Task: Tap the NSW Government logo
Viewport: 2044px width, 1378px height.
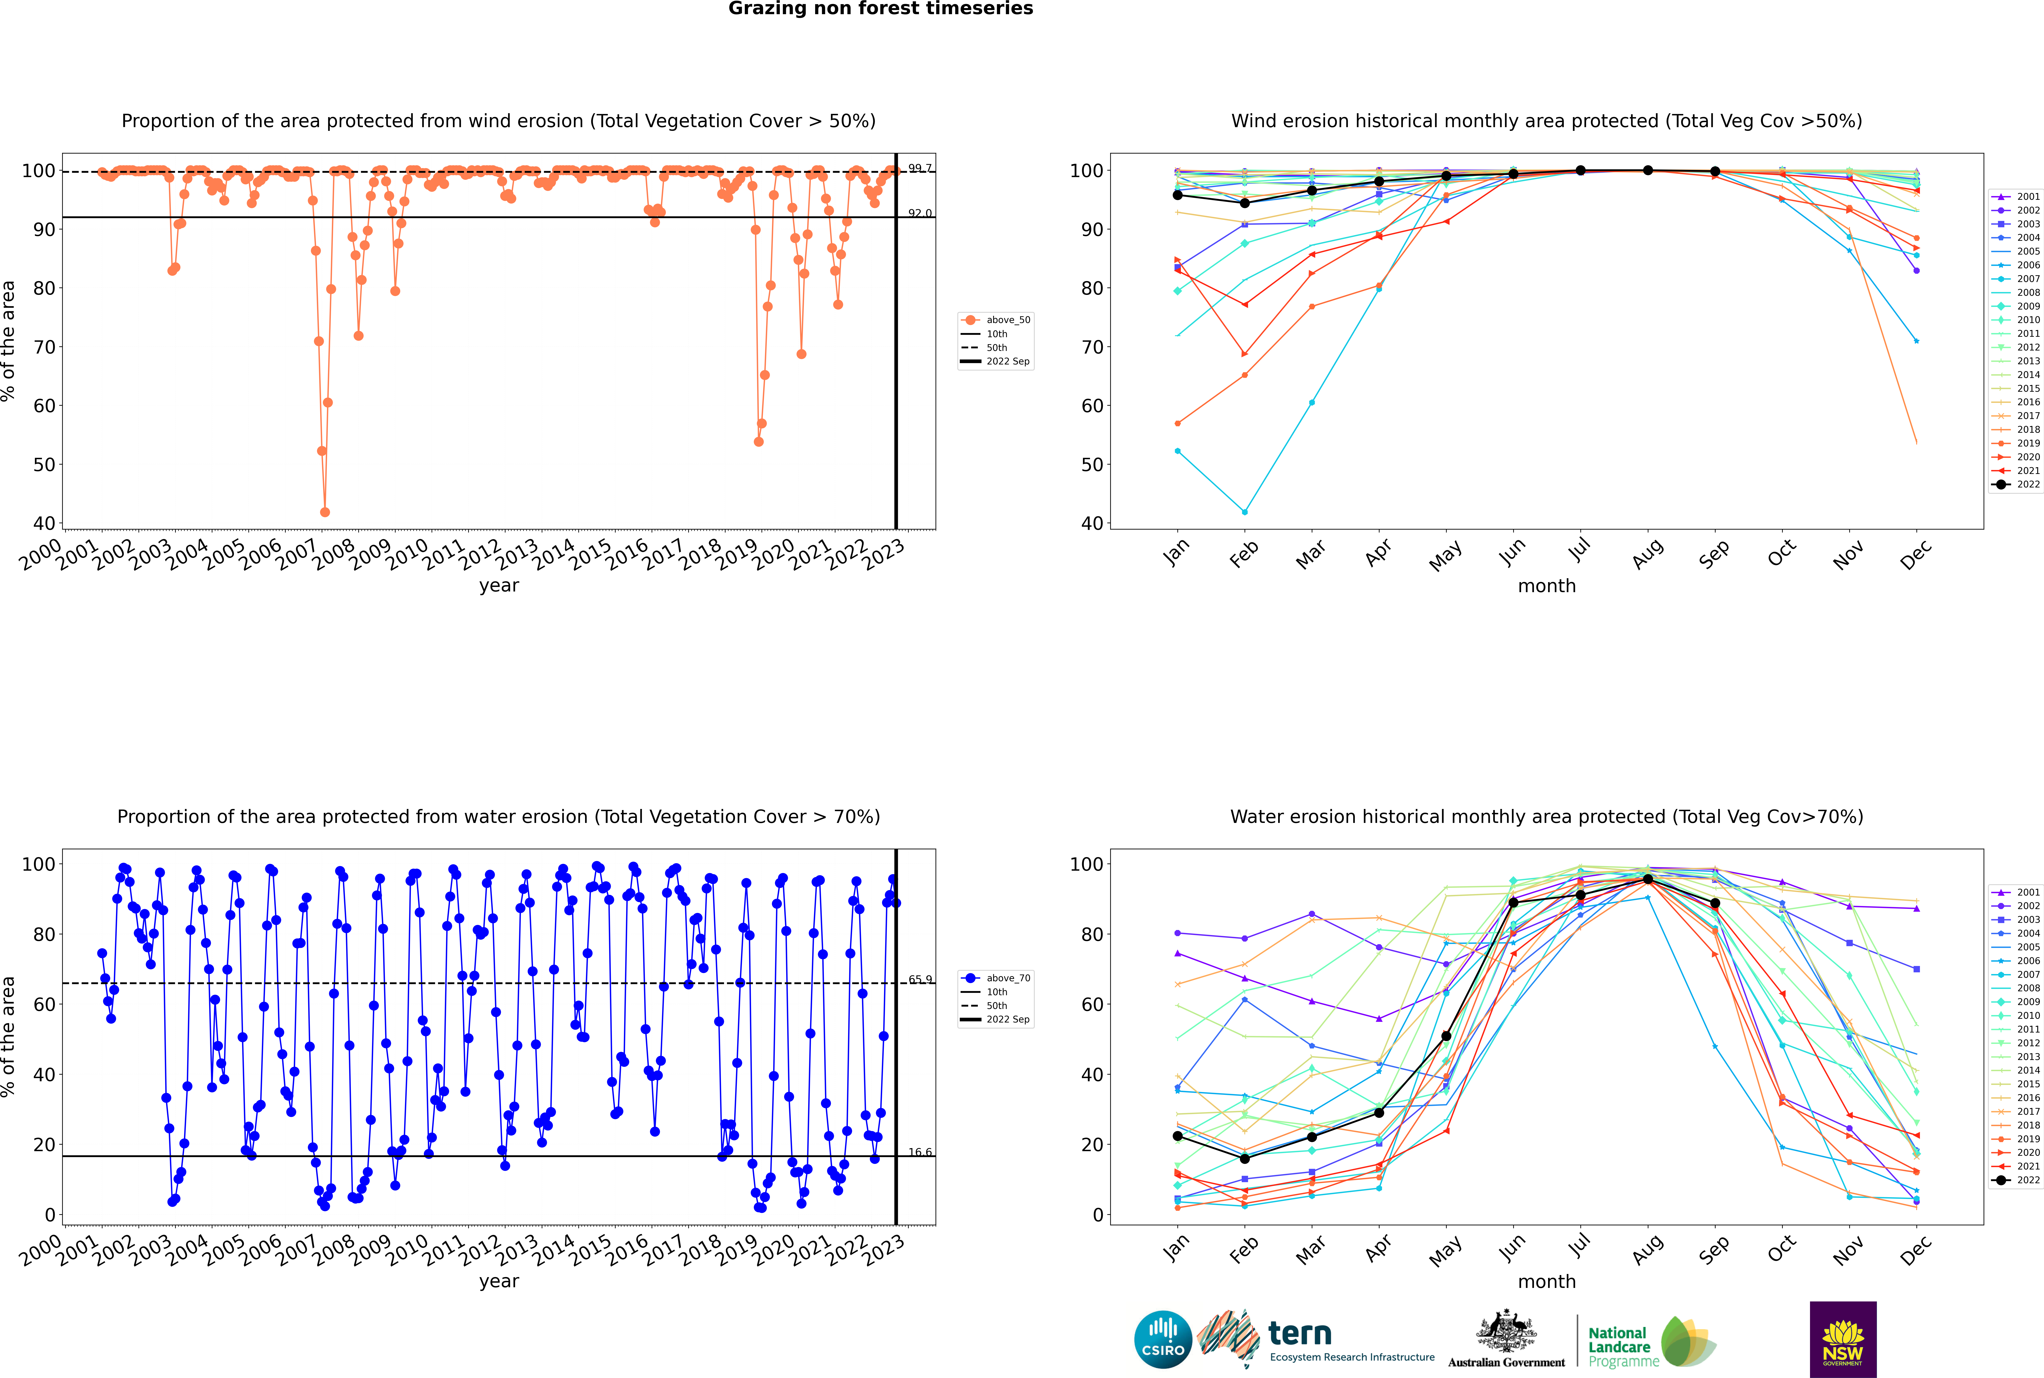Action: coord(1843,1339)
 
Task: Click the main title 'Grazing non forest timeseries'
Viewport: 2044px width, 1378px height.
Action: coord(881,9)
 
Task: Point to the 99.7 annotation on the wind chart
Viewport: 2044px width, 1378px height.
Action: coord(920,168)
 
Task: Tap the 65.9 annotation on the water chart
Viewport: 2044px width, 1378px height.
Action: coord(920,979)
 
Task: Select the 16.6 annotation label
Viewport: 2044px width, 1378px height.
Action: coord(920,1152)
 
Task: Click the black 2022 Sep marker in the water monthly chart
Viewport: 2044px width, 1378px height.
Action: coord(1714,903)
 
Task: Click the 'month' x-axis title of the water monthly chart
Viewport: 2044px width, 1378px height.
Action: coord(1547,1281)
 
